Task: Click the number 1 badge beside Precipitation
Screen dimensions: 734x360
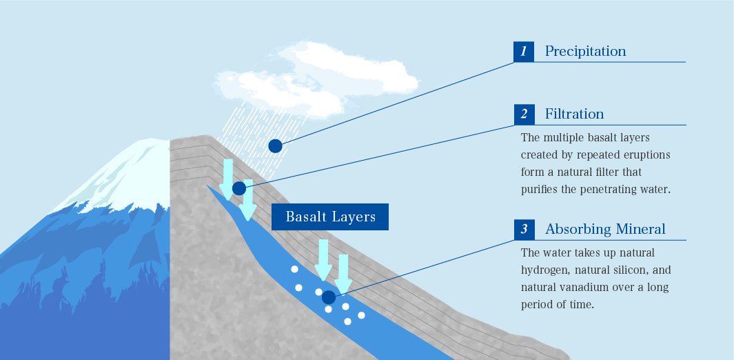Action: [x=523, y=52]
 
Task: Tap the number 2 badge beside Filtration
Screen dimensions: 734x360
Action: [x=524, y=114]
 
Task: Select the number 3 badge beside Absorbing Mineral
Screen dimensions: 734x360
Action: [x=524, y=230]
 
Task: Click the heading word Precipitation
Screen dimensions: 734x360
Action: [x=586, y=51]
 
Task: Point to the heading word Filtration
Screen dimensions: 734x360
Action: [x=574, y=114]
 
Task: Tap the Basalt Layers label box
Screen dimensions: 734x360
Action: [x=330, y=217]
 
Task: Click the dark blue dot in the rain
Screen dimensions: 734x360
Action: [x=275, y=146]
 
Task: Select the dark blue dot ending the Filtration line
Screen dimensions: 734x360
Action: [x=238, y=188]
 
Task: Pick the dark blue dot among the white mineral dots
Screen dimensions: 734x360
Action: [x=329, y=297]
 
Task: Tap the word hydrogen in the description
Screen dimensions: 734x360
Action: [x=543, y=270]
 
